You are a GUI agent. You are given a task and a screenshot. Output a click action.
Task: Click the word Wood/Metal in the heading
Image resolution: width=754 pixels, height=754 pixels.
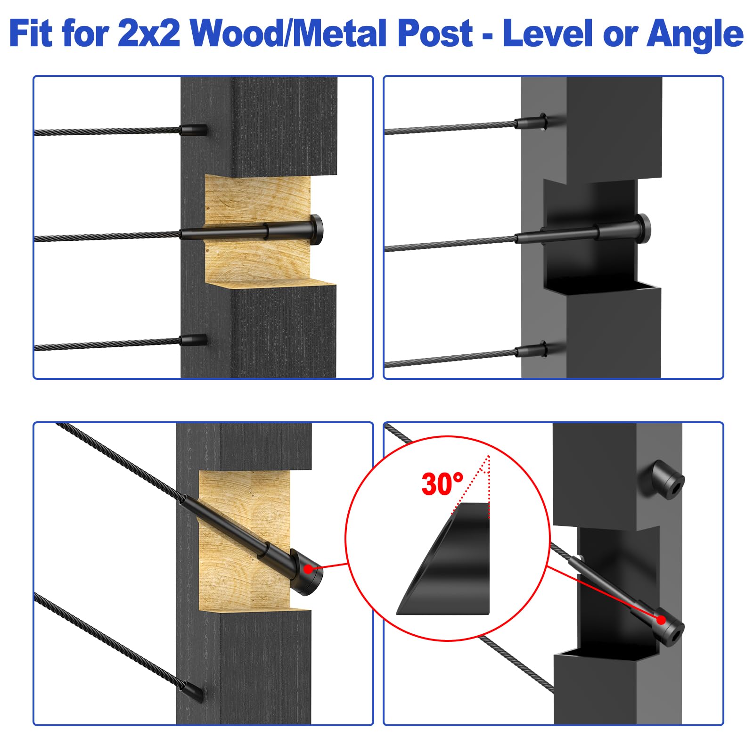click(x=288, y=34)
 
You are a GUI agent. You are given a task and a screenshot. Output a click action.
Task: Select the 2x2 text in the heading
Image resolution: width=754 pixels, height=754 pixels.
click(x=149, y=34)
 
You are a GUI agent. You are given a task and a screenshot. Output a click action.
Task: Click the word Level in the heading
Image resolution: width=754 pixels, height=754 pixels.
click(x=547, y=34)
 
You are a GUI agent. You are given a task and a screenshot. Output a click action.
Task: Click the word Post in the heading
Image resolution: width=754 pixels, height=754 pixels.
click(x=435, y=34)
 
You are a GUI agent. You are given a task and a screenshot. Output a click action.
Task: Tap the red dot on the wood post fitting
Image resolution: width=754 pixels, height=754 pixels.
click(x=308, y=569)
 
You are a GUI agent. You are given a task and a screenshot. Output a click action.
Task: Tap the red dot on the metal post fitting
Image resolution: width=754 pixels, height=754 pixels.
click(x=661, y=620)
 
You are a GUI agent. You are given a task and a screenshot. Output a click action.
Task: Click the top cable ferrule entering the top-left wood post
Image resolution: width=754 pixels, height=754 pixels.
click(x=193, y=129)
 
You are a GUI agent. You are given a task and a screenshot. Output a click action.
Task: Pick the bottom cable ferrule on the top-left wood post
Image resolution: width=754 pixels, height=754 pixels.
click(x=193, y=340)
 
